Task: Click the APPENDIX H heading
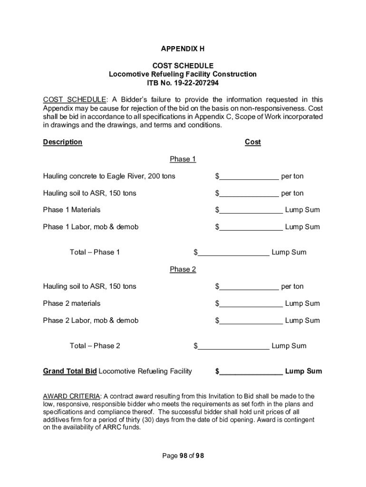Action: click(x=183, y=49)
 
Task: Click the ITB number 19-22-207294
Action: click(x=183, y=83)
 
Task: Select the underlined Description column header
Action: click(x=62, y=142)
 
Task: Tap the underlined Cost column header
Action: click(x=252, y=142)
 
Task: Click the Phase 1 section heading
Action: click(x=183, y=159)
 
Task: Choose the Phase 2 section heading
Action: click(x=183, y=270)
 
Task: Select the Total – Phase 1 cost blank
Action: click(x=233, y=253)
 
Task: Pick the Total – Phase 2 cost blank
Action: click(x=233, y=346)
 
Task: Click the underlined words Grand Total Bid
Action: click(x=70, y=371)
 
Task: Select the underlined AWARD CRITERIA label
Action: click(x=71, y=396)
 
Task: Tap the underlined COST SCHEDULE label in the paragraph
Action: click(x=75, y=100)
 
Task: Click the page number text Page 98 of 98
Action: click(x=183, y=456)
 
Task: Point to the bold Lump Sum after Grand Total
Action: click(x=303, y=371)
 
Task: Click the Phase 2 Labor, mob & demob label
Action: click(x=90, y=321)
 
